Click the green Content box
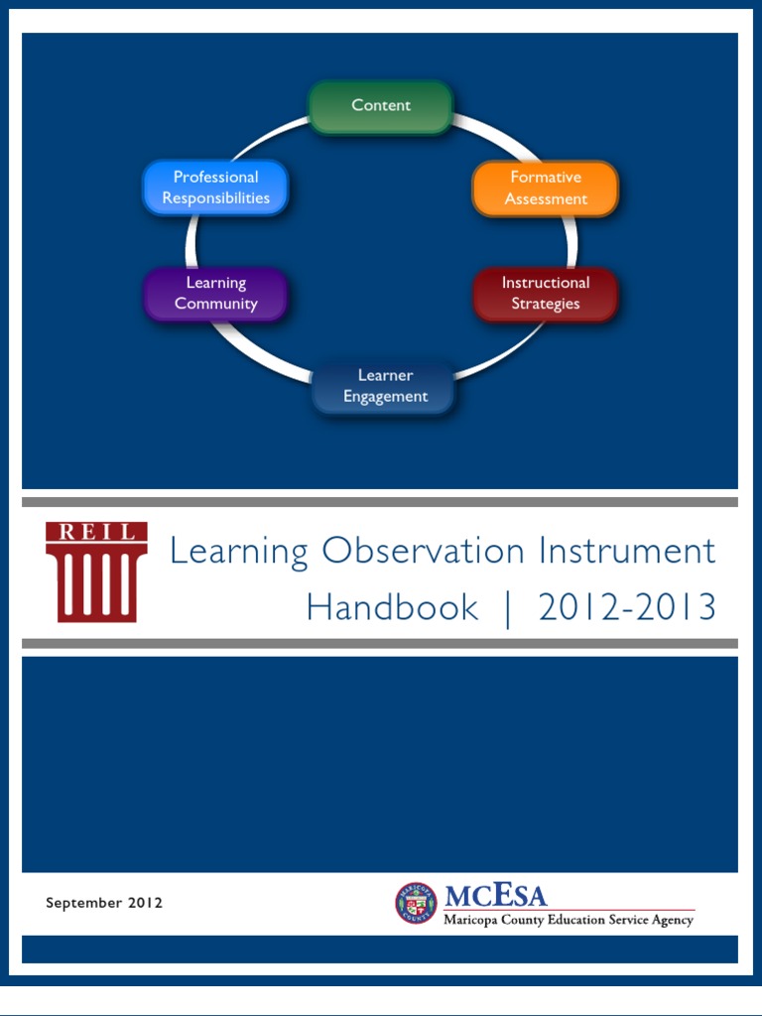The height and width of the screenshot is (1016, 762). (381, 106)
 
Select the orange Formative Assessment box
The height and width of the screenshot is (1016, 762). (545, 188)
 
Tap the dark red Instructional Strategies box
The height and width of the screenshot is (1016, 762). (545, 294)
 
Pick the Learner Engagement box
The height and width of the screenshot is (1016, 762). (385, 386)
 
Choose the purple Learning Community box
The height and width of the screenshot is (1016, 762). (216, 294)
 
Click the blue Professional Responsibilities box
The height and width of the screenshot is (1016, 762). (216, 188)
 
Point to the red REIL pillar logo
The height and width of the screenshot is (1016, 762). (96, 572)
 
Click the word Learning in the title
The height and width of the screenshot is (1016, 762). (239, 552)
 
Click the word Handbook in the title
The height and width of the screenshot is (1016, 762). (392, 607)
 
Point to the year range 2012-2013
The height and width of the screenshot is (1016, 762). (627, 607)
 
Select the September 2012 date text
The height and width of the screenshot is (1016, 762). (104, 903)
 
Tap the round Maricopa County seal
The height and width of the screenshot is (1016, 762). (416, 904)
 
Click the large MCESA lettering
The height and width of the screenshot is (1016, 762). (495, 896)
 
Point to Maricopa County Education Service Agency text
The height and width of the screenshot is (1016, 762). (569, 920)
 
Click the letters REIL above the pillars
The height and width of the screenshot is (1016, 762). (96, 532)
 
